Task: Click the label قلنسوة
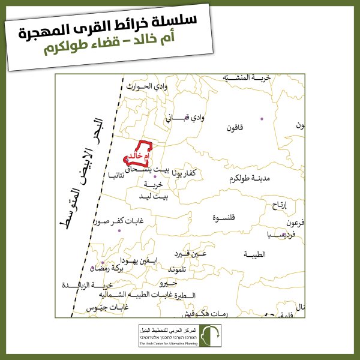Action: [x=224, y=217]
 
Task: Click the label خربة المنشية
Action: [x=247, y=78]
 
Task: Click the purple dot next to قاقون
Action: [x=262, y=119]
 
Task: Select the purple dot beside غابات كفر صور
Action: [x=119, y=230]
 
